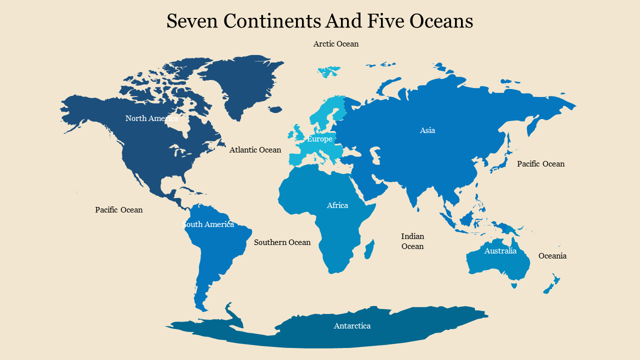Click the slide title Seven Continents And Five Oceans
(319, 21)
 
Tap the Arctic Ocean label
(335, 44)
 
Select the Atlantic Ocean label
(255, 150)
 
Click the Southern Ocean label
(282, 242)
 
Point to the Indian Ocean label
(412, 241)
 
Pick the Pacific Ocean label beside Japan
(540, 164)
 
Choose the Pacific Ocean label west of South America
(119, 210)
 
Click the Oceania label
(552, 256)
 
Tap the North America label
(151, 118)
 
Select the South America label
(208, 224)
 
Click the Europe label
(319, 139)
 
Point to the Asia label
(427, 130)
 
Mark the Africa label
(337, 205)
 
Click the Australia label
(500, 251)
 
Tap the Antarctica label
(352, 326)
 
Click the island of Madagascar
(369, 249)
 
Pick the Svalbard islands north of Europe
(328, 72)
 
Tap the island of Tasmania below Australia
(514, 285)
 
